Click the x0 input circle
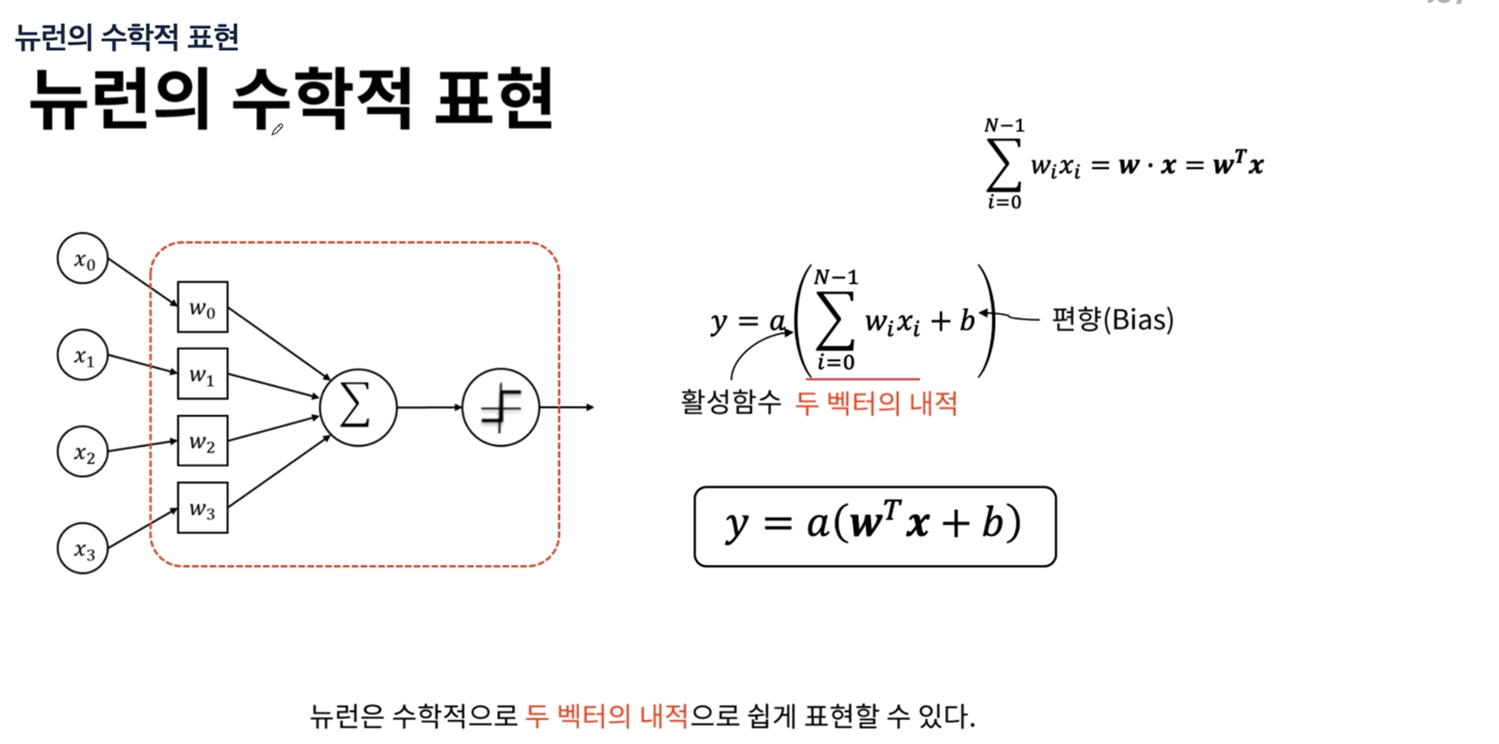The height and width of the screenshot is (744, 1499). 83,258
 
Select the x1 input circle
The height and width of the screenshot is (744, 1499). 83,355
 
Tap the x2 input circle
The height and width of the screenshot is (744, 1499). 83,452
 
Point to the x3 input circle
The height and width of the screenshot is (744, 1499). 83,548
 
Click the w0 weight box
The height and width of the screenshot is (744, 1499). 203,307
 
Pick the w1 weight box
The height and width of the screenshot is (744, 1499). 203,374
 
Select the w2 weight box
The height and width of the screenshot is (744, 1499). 203,440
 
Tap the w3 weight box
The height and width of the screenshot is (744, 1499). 203,508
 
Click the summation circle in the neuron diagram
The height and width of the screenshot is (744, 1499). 358,407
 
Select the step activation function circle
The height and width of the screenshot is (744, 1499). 501,407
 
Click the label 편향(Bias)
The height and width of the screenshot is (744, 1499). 1113,320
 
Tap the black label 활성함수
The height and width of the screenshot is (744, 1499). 730,402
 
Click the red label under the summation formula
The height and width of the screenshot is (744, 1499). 876,403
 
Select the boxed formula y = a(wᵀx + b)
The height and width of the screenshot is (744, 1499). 875,526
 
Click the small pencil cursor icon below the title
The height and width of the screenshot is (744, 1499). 277,129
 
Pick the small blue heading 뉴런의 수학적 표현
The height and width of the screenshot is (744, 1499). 127,37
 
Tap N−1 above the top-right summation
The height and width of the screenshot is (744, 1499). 1005,125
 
